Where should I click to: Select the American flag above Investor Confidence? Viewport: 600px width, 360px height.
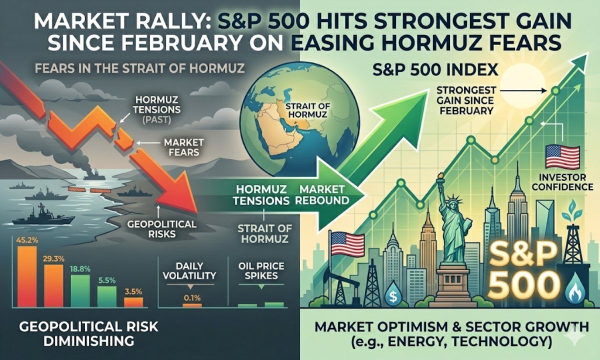[x=561, y=156]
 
